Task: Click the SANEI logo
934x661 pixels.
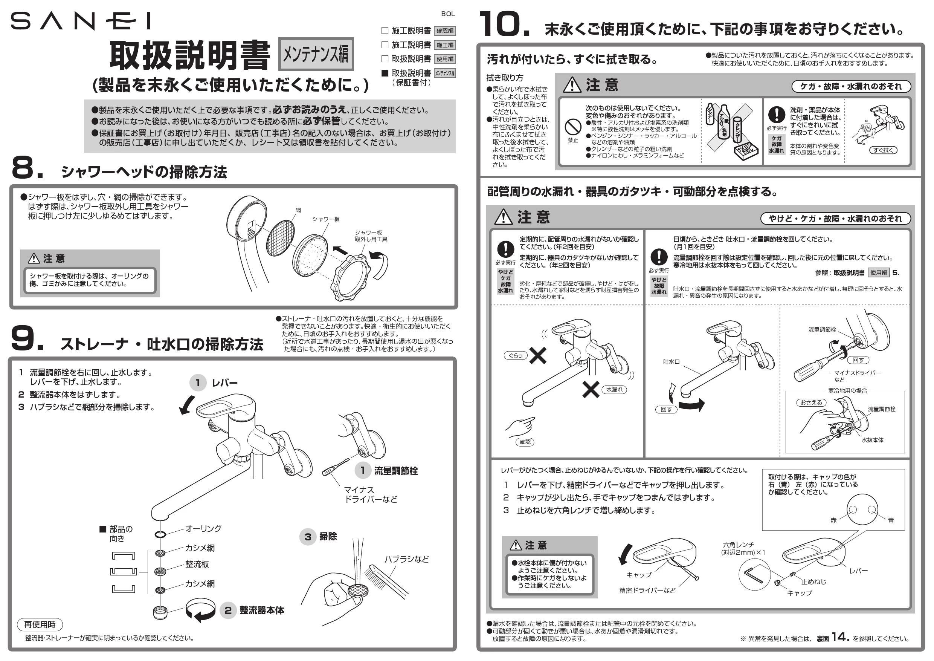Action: point(80,21)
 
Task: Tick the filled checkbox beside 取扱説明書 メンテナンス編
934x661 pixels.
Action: point(385,73)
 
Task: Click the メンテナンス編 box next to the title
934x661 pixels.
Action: point(316,54)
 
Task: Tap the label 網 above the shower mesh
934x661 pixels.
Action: point(298,210)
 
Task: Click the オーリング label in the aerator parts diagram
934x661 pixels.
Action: point(203,528)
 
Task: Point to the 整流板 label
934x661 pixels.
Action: point(197,564)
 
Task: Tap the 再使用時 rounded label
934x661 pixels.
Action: point(40,624)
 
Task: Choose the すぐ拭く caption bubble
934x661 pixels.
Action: point(883,150)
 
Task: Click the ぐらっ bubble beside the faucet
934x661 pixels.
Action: point(516,355)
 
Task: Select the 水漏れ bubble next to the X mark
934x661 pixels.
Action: point(614,390)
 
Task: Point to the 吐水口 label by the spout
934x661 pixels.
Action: point(671,361)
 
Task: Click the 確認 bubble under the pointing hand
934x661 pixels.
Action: point(525,442)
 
